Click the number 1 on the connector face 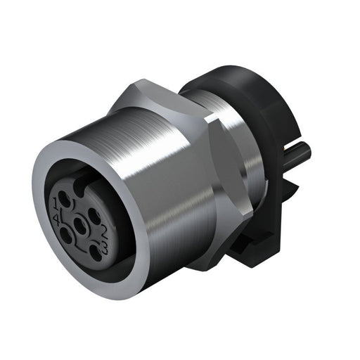pyautogui.click(x=56, y=205)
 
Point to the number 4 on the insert pyautogui.click(x=56, y=219)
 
